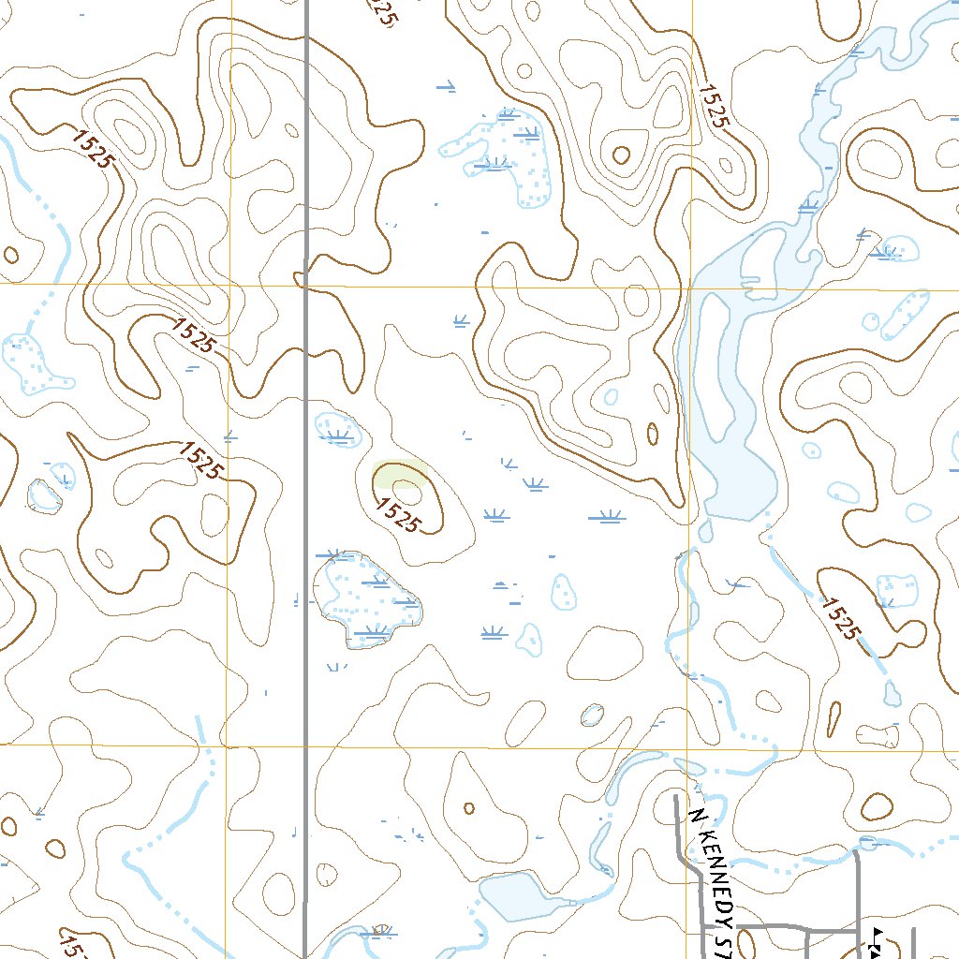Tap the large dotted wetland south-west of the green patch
click(x=367, y=600)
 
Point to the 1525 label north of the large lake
click(x=713, y=105)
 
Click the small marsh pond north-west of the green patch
click(x=338, y=428)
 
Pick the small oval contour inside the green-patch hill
click(x=406, y=485)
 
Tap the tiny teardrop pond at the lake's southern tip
click(x=705, y=531)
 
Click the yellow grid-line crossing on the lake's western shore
click(x=691, y=288)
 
